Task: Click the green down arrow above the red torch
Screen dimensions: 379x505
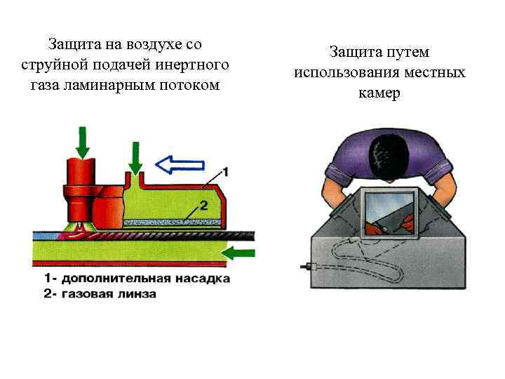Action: [83, 142]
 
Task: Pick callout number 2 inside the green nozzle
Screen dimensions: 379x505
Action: [204, 206]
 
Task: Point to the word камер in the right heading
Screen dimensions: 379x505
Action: [379, 93]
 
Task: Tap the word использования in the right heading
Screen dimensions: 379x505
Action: [340, 73]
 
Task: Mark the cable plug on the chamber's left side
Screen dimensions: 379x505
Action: [307, 267]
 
